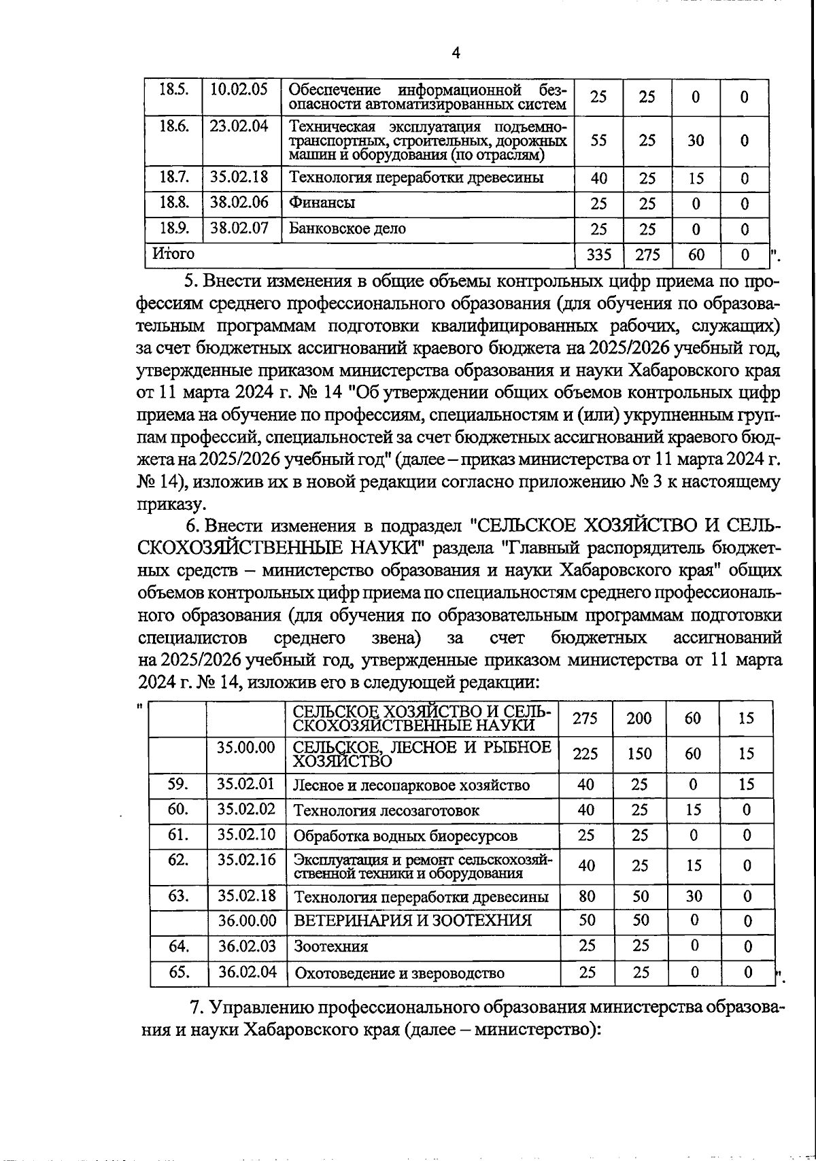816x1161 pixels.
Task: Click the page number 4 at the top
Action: coord(456,53)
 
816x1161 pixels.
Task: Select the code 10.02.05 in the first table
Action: coord(239,90)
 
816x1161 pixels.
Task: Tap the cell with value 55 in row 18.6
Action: coord(598,141)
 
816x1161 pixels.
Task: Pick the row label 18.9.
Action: coord(173,228)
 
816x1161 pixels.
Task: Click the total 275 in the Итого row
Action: coord(647,255)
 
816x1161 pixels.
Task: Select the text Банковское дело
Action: coord(347,228)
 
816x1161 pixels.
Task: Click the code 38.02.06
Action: coord(239,202)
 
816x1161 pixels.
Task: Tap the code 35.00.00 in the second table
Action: coord(246,748)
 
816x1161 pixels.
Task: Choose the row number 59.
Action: coord(178,784)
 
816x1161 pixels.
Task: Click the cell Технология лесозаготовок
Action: coord(386,810)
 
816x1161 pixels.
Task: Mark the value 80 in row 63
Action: coord(586,896)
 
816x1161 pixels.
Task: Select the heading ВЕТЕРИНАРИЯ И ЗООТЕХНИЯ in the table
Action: coord(412,921)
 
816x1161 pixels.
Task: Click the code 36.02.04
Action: coord(248,972)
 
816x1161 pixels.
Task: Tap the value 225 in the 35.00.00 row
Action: coord(585,754)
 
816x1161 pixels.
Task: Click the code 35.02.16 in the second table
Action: coord(247,859)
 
